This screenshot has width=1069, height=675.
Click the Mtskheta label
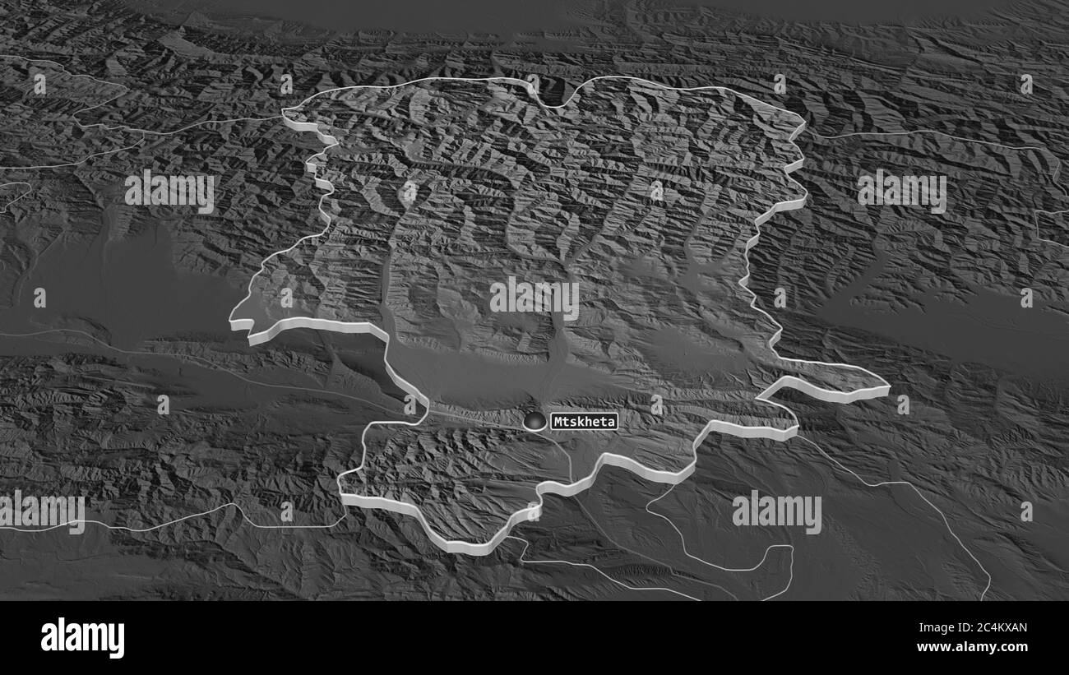pyautogui.click(x=583, y=421)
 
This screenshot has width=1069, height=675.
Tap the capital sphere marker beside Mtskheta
pyautogui.click(x=535, y=420)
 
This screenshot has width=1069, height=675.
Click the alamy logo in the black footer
pyautogui.click(x=82, y=637)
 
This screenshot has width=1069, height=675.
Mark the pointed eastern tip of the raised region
pyautogui.click(x=888, y=386)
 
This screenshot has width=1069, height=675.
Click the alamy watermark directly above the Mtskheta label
pyautogui.click(x=534, y=298)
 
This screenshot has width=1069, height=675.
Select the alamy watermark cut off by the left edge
pyautogui.click(x=41, y=511)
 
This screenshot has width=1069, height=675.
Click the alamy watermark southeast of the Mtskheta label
pyautogui.click(x=776, y=511)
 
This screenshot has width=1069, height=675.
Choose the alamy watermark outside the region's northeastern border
pyautogui.click(x=901, y=191)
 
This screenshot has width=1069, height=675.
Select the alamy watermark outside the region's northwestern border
pyautogui.click(x=169, y=191)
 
